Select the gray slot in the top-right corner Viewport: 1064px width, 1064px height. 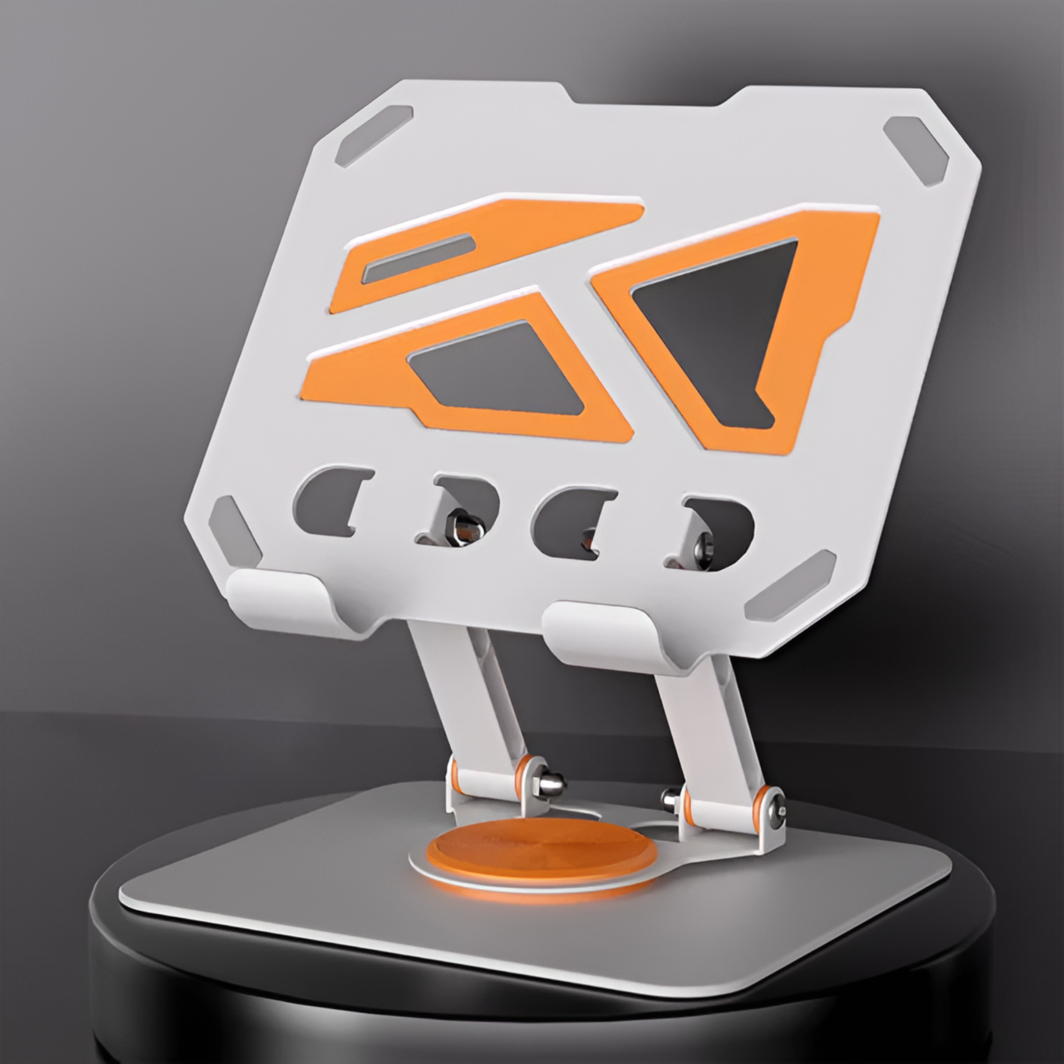click(x=915, y=150)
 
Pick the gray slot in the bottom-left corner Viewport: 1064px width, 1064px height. click(x=234, y=532)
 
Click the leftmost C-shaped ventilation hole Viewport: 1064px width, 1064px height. click(x=325, y=501)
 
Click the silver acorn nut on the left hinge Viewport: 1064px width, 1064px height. click(x=551, y=782)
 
